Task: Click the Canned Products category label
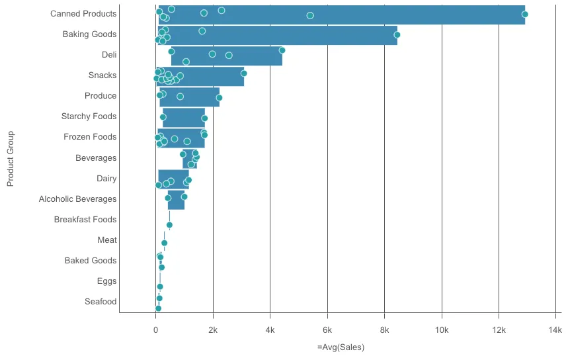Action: (x=83, y=14)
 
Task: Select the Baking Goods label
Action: (x=89, y=34)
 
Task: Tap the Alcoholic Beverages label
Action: (x=77, y=199)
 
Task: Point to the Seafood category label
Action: (x=101, y=302)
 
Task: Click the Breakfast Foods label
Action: (x=85, y=220)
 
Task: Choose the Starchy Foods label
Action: (x=89, y=116)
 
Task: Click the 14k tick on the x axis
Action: (x=555, y=330)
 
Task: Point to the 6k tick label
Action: (x=327, y=330)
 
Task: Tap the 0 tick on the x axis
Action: (x=155, y=330)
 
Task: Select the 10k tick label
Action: (x=441, y=330)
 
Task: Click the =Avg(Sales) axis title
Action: (x=341, y=347)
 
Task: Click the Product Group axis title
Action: (x=11, y=158)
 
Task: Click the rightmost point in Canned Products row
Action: (x=524, y=14)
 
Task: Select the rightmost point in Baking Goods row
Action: (x=397, y=35)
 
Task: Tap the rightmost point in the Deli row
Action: (x=282, y=50)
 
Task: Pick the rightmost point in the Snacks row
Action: (x=244, y=73)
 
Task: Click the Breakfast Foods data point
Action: (x=169, y=225)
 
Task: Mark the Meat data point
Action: (x=164, y=243)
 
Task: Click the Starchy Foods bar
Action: (x=184, y=118)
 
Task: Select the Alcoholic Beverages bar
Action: (x=176, y=200)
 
